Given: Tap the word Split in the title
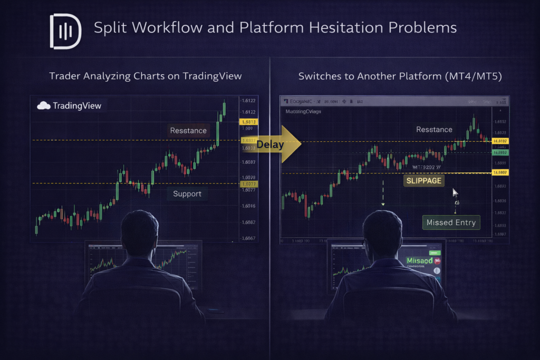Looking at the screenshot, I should point(109,27).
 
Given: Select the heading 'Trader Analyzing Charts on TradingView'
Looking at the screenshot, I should point(146,76).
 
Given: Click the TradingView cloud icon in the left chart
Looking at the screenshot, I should point(43,105).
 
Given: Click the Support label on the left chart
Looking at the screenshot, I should point(187,193).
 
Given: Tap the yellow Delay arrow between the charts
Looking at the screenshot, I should point(277,144).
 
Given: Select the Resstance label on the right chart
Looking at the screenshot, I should point(434,129).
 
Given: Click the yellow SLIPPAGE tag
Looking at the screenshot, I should point(423,181).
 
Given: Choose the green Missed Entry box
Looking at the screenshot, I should point(451,222).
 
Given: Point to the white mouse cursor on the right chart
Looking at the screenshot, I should point(455,192).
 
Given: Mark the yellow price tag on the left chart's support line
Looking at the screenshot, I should point(248,184).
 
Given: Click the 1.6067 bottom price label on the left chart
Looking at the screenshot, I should point(248,238).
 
